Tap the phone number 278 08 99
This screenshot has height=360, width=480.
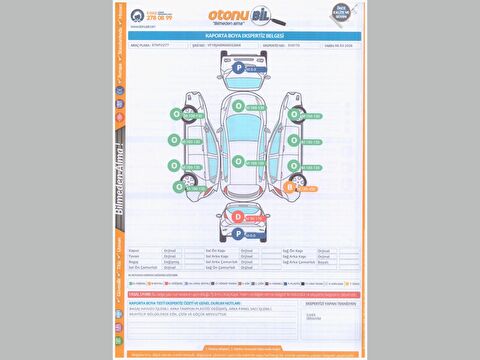(160, 18)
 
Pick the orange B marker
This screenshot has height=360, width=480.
(291, 186)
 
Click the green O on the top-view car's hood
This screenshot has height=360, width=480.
(238, 105)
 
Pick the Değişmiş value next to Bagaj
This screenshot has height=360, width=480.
(169, 261)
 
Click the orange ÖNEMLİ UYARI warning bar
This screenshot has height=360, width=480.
(240, 283)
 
